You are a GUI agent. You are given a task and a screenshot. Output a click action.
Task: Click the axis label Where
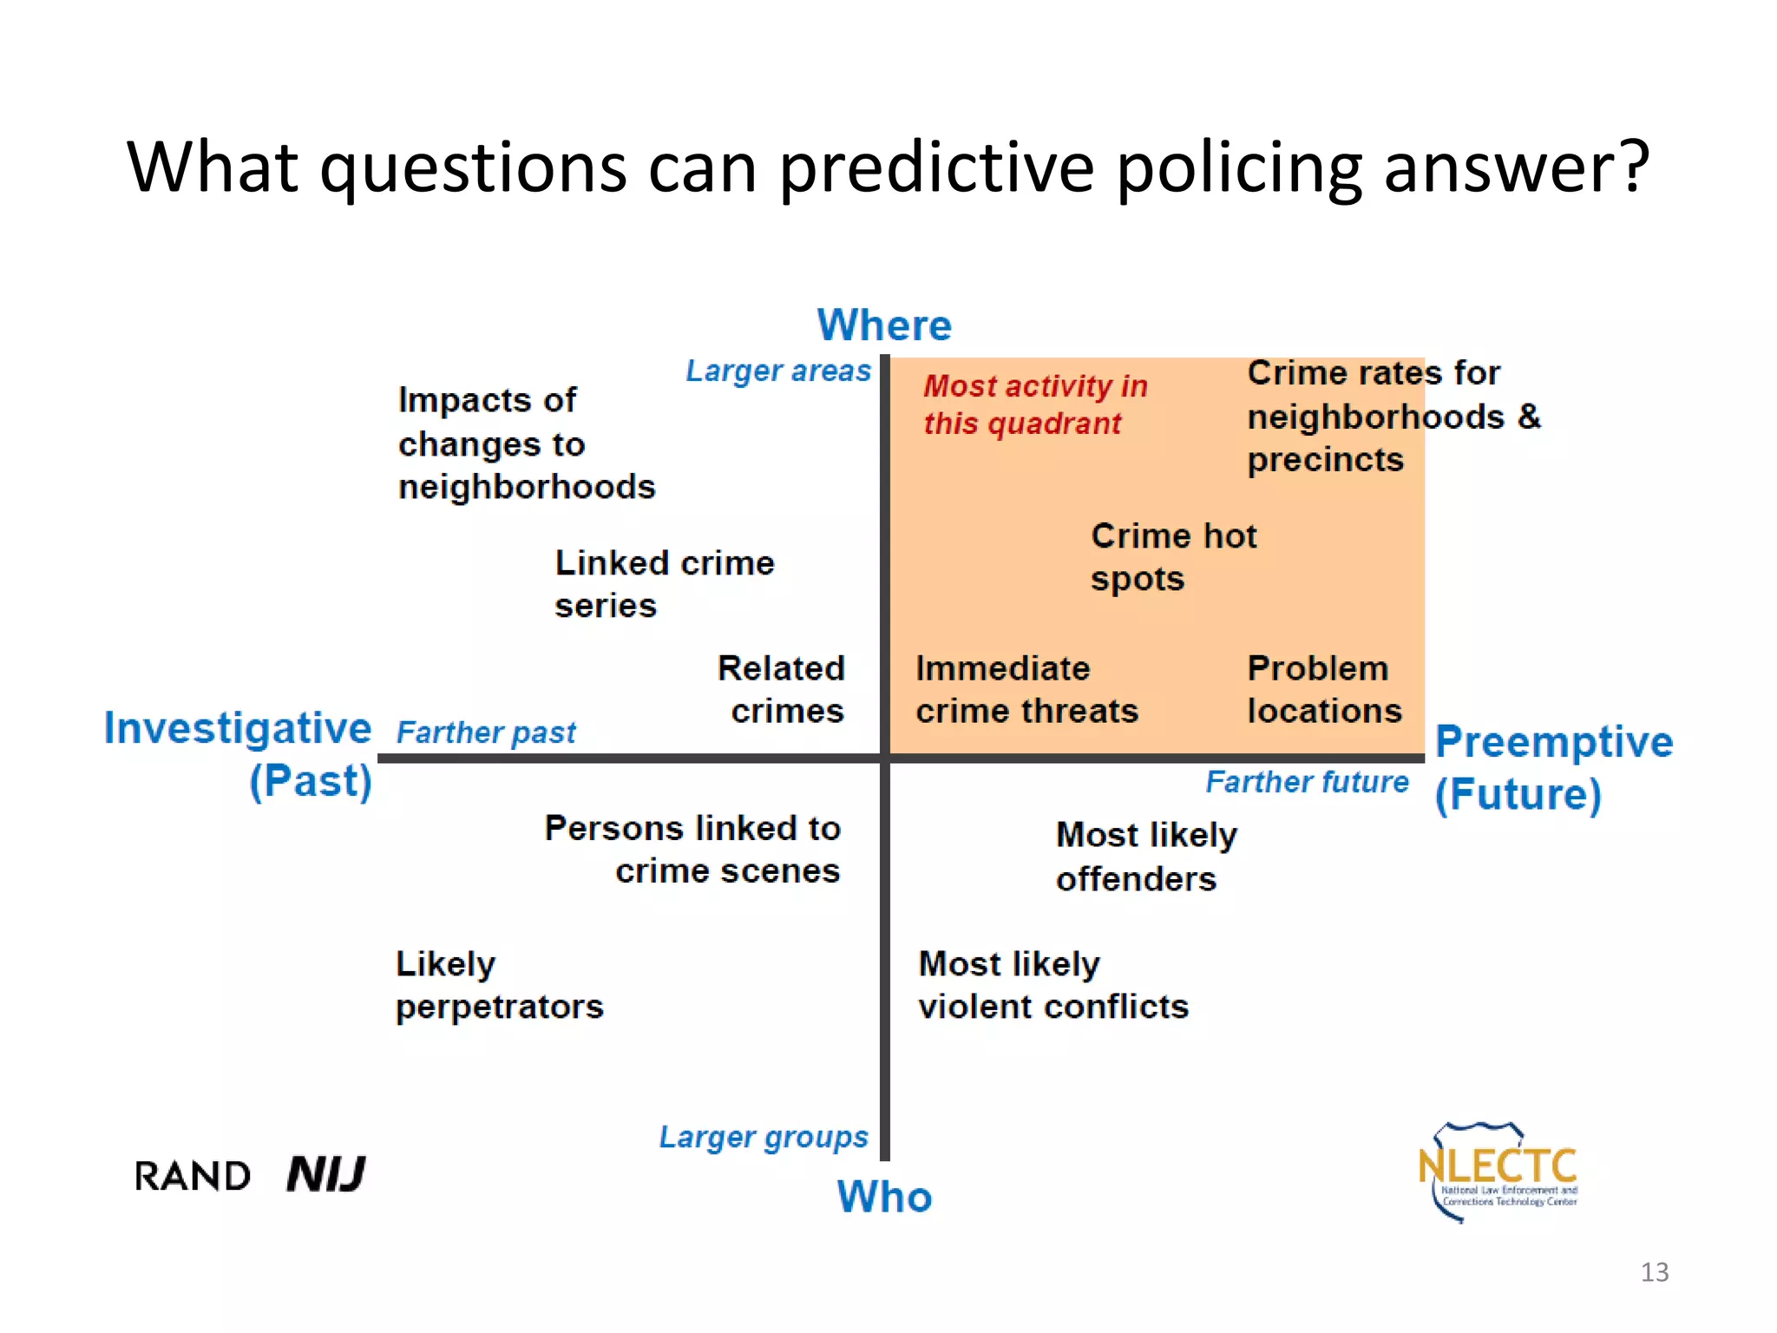884,325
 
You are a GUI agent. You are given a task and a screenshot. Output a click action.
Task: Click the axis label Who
884,1197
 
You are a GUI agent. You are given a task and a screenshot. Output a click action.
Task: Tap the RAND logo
193,1177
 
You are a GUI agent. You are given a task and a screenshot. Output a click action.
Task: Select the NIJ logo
326,1175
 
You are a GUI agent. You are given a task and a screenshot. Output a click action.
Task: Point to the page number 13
1654,1272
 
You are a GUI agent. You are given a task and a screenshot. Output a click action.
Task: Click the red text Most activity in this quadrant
1034,404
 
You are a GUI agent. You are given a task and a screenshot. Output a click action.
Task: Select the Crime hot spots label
1172,557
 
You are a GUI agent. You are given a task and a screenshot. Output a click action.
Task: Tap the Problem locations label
1323,690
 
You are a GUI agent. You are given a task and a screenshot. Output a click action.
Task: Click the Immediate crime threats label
1026,690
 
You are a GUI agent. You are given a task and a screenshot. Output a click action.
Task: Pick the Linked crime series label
664,584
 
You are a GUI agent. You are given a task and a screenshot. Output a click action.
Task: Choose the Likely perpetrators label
499,986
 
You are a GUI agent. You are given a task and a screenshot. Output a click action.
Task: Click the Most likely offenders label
1145,857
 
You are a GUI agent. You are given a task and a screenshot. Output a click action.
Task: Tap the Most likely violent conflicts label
1052,986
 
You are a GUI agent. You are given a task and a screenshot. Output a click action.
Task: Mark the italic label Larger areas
777,371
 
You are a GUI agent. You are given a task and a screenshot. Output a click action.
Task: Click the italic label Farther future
1307,782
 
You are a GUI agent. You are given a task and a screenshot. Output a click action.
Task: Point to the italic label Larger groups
763,1137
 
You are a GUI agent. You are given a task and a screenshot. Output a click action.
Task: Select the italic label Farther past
486,732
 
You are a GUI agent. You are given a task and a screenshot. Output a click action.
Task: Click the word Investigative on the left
238,728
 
